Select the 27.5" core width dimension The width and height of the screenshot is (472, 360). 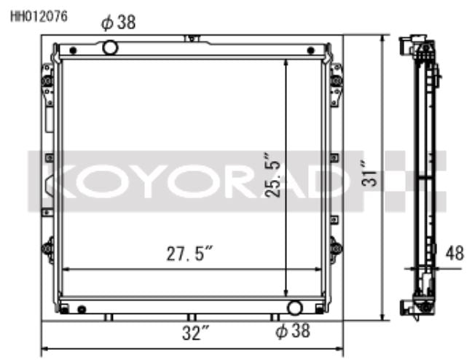coord(188,254)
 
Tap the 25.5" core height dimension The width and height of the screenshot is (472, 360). coord(272,176)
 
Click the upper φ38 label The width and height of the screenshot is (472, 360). coord(118,23)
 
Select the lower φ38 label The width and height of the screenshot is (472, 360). coord(292,332)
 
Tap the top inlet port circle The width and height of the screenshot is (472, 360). coord(110,48)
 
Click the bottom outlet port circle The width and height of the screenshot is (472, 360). coord(295,308)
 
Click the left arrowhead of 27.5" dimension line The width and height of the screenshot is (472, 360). coord(66,270)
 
